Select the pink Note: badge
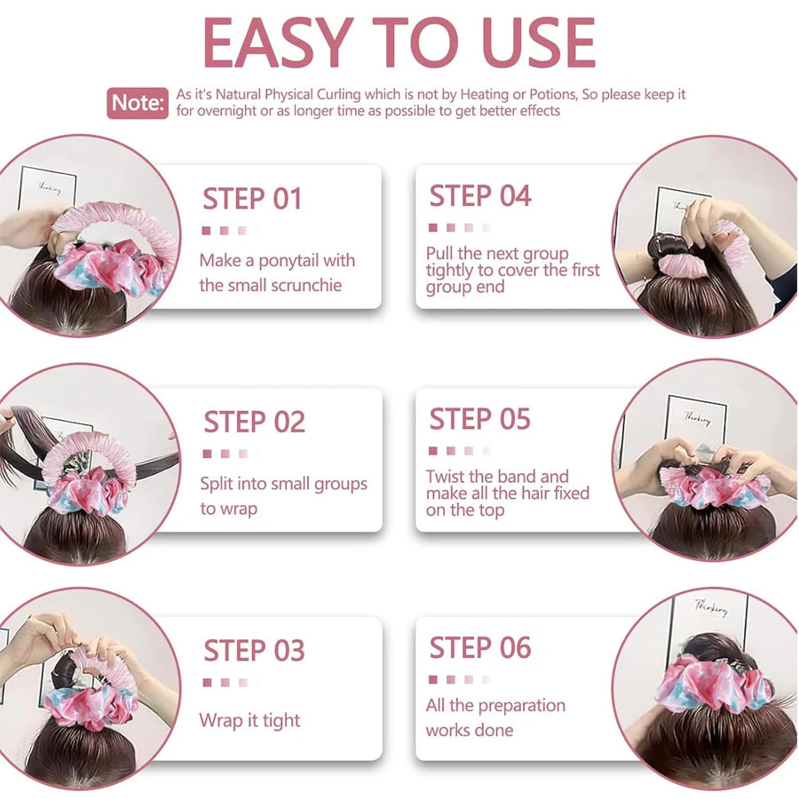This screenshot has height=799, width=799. coord(138,103)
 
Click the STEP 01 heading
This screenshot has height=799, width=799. coord(252,198)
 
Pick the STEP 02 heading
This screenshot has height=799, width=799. coord(254,422)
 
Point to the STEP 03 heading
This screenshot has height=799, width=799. coord(254,650)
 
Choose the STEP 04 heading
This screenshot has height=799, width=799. coord(480,195)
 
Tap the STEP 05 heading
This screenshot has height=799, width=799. coord(480,419)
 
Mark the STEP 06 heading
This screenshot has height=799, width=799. coord(480,647)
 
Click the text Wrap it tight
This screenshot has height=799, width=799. coord(249,721)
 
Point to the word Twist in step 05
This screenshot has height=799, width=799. coord(445,477)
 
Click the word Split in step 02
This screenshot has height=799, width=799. coord(217,485)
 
